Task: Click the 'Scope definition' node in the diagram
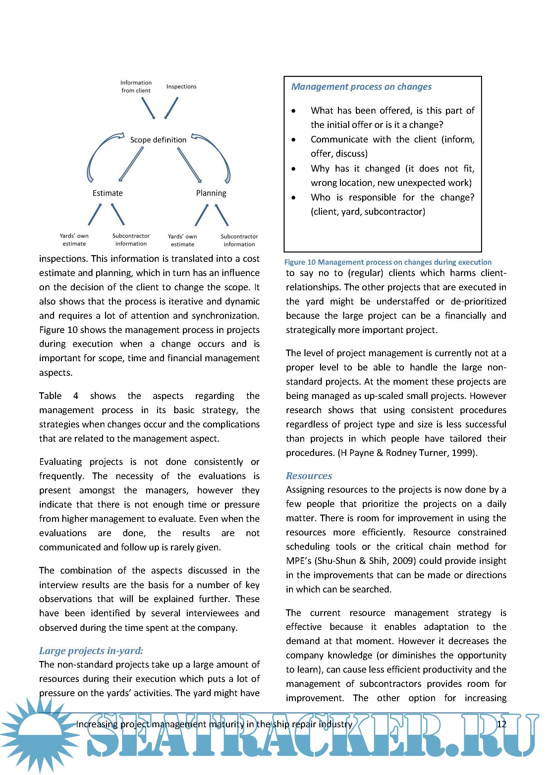[158, 140]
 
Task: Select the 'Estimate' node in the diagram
[108, 193]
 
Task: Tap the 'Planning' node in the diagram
[211, 193]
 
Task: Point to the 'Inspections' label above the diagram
[181, 86]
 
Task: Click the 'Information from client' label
[136, 86]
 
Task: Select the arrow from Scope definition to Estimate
[131, 164]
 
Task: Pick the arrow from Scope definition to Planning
[189, 165]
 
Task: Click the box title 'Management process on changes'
[361, 87]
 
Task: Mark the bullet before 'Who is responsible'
[294, 197]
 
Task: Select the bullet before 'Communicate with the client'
[294, 139]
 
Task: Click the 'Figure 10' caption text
[388, 262]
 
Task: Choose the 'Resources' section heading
[309, 475]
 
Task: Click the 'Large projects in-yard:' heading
[91, 650]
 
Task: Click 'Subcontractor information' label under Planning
[239, 240]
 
